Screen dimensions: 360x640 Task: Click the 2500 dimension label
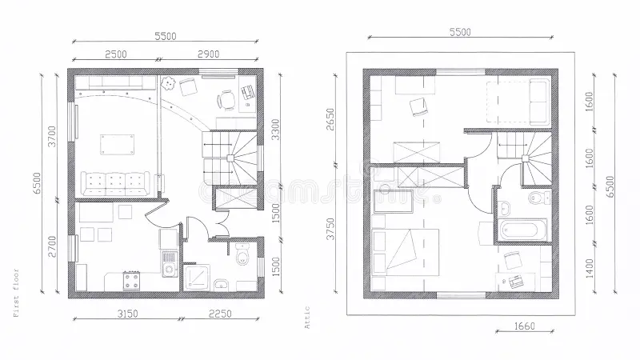(116, 54)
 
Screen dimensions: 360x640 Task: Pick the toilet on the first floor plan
(245, 255)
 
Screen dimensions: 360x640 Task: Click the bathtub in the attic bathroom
(523, 230)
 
